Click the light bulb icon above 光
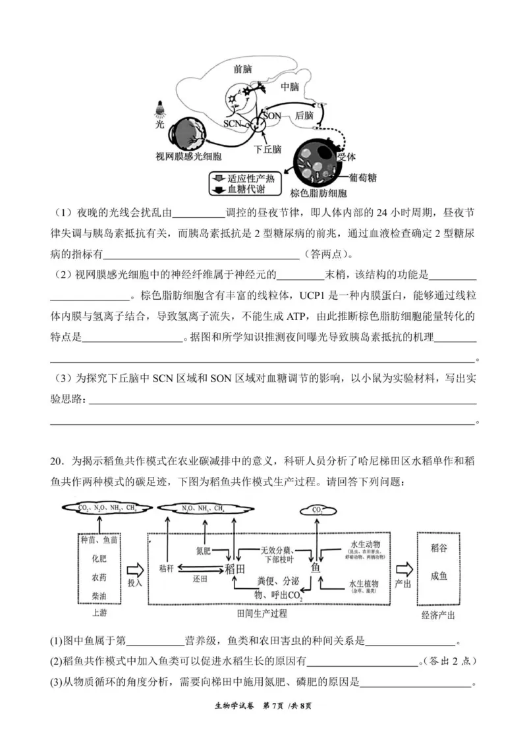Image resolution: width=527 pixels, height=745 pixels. tap(159, 108)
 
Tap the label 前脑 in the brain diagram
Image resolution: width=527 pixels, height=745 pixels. tap(242, 69)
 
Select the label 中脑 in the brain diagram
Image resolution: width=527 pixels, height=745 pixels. tap(290, 87)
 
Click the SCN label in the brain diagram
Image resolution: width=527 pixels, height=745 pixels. tap(233, 123)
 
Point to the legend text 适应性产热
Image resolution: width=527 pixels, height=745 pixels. tap(251, 179)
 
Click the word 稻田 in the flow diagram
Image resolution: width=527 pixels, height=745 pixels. tap(235, 568)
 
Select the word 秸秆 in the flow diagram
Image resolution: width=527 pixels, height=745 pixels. tap(167, 567)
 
